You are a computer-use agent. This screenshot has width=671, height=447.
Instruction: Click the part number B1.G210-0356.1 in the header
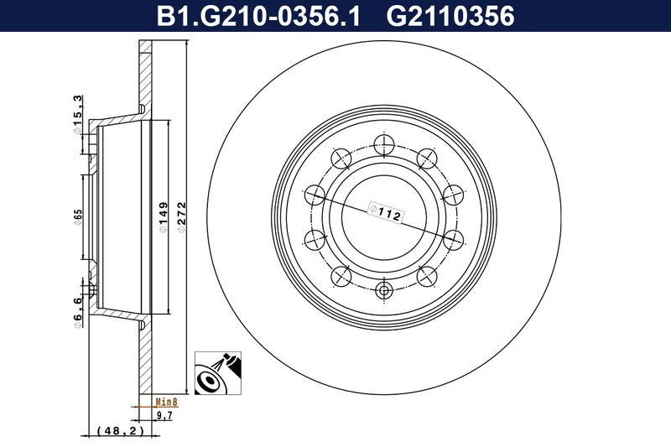(x=258, y=16)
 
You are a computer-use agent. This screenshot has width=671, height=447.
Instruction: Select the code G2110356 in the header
(x=450, y=16)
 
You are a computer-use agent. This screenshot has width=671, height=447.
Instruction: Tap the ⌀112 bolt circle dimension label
(x=385, y=212)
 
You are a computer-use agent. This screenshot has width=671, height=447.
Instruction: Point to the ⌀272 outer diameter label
(x=181, y=217)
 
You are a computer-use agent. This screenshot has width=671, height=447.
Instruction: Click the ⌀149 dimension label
(x=163, y=217)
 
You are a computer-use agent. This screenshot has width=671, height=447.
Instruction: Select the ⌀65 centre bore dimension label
(x=77, y=217)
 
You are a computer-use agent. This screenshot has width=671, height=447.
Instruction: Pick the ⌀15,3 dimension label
(x=77, y=114)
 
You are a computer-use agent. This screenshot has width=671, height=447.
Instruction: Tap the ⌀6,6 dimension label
(x=77, y=313)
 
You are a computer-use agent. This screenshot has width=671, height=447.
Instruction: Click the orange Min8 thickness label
(x=166, y=402)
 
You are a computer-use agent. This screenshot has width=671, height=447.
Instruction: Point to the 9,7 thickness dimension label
(x=164, y=415)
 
